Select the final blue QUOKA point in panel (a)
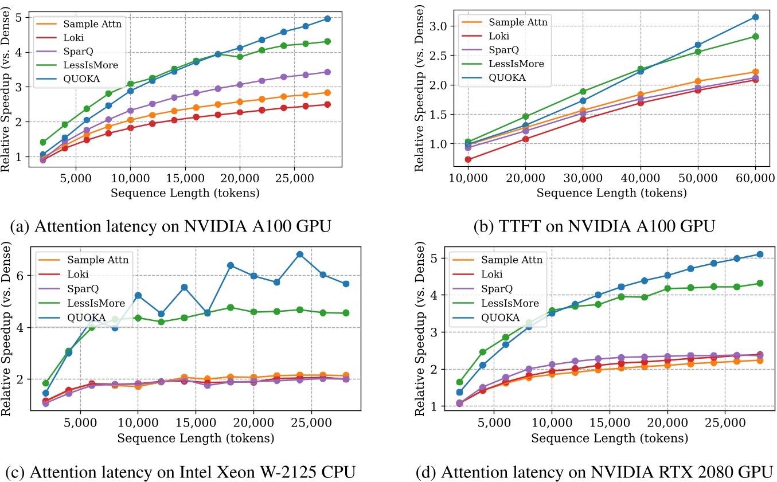pyautogui.click(x=327, y=18)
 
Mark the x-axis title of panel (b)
pyautogui.click(x=611, y=193)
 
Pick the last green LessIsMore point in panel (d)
pyautogui.click(x=760, y=283)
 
